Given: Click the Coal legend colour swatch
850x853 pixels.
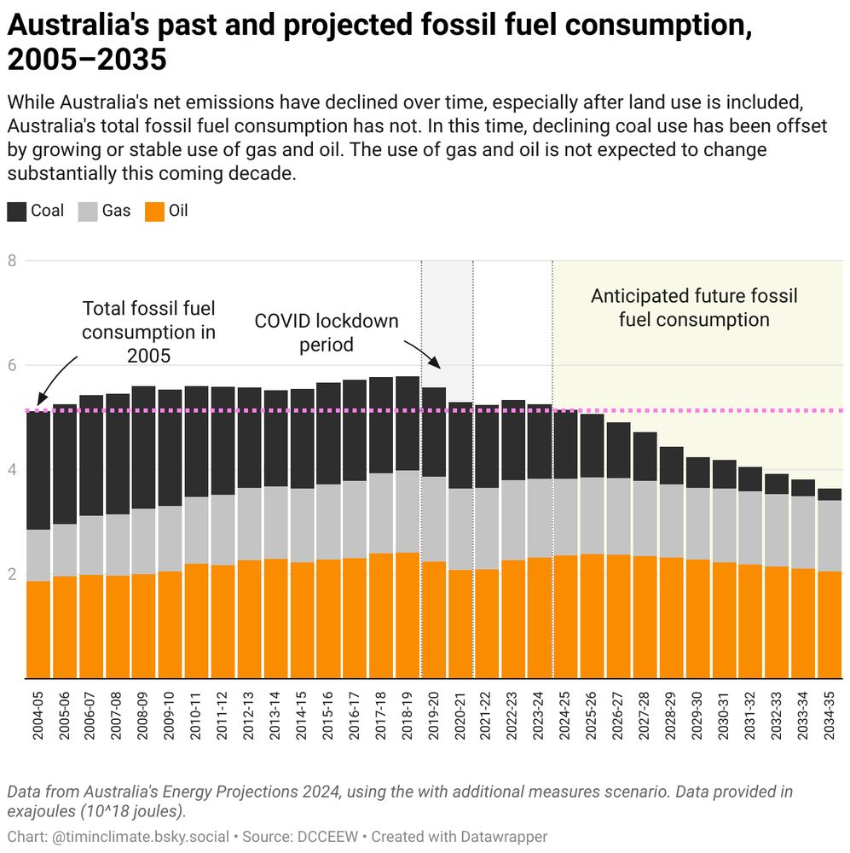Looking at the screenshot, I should pos(17,211).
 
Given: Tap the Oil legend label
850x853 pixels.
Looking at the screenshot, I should pos(177,211).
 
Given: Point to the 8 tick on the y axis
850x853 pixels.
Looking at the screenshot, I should pos(12,261).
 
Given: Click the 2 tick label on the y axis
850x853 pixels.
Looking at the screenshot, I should pos(12,575).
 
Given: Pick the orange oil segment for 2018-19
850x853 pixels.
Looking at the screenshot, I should pos(408,614).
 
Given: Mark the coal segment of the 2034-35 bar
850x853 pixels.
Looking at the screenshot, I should pos(830,495).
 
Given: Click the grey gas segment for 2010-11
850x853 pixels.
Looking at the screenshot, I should pos(197,530).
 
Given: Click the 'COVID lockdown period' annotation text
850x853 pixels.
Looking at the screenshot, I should pos(327,334).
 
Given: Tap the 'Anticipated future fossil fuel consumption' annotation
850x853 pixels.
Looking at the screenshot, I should pos(694,308).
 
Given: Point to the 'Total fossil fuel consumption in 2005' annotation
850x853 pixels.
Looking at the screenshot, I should pos(148,332).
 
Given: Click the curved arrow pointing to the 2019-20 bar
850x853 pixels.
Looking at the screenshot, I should pos(424,352).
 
